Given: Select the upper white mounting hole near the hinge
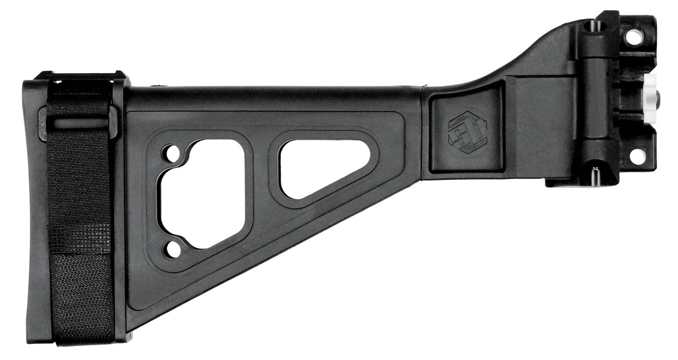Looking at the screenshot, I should coord(633,37).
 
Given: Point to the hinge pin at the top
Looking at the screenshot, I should coord(591,26).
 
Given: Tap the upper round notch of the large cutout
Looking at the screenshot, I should coord(171,153).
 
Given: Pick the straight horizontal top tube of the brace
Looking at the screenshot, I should coord(271,97).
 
